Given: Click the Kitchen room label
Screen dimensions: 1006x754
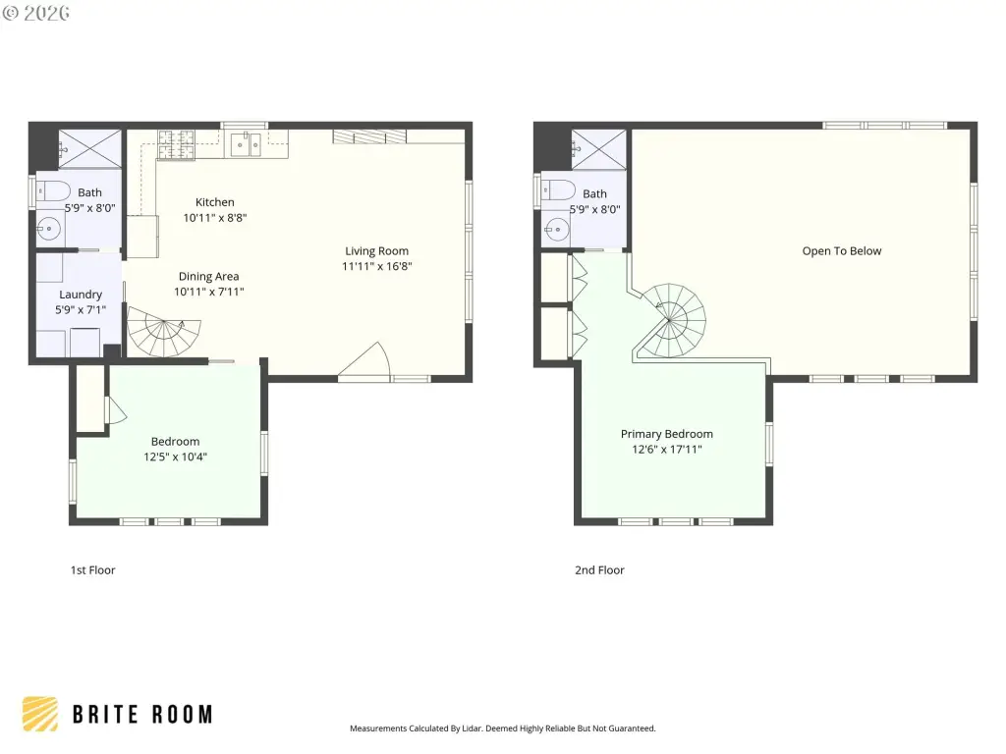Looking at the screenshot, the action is (215, 202).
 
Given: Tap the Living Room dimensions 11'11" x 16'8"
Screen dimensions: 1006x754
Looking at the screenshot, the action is (376, 266).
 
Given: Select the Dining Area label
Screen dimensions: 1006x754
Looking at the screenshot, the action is (208, 276).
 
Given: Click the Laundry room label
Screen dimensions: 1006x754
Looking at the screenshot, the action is (81, 295).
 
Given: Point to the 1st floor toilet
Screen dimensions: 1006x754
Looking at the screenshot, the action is (53, 191).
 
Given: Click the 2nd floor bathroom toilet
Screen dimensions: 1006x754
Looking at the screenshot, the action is (558, 190).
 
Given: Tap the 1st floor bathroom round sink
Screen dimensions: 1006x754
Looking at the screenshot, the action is (49, 228).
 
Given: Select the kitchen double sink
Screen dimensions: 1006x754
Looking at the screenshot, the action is (247, 145).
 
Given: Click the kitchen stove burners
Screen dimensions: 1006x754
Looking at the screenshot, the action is (176, 144).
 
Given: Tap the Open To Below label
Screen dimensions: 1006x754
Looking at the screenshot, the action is (842, 250).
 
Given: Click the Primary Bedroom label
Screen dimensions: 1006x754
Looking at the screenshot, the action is (667, 433).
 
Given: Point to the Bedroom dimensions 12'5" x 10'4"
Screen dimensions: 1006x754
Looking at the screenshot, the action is (175, 457).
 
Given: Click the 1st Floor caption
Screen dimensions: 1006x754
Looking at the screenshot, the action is (93, 570).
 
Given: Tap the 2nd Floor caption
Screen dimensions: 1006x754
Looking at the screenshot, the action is (599, 570).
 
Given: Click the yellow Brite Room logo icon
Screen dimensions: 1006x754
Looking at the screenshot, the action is (39, 715).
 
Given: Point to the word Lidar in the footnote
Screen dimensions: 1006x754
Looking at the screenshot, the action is (472, 728).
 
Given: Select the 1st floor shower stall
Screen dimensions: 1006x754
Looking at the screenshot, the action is (89, 149).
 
